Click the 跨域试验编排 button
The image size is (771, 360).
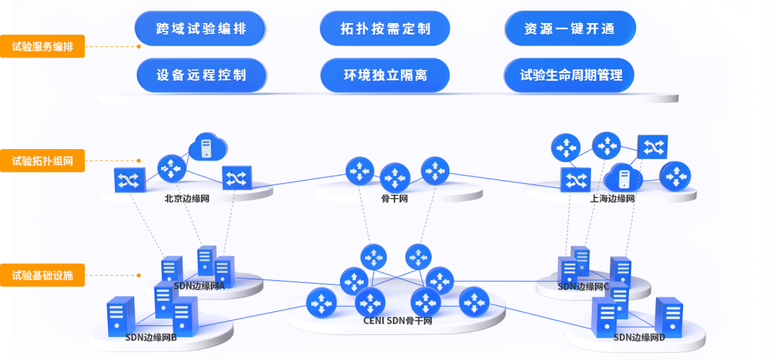point(200,29)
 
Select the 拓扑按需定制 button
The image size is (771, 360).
point(385,29)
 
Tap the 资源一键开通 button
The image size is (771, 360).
point(570,29)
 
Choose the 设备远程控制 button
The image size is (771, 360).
point(202,75)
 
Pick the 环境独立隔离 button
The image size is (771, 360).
point(385,75)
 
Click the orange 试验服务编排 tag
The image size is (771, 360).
point(42,48)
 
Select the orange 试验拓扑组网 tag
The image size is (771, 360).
point(42,161)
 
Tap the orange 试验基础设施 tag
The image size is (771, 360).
point(42,274)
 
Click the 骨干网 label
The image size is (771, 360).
point(394,199)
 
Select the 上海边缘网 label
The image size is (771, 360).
point(612,199)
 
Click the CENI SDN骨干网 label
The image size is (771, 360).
point(397,320)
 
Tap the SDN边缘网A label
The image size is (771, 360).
point(199,286)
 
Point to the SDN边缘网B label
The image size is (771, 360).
point(151,338)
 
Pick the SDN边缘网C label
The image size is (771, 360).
point(584,287)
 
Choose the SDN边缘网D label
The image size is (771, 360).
point(639,337)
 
